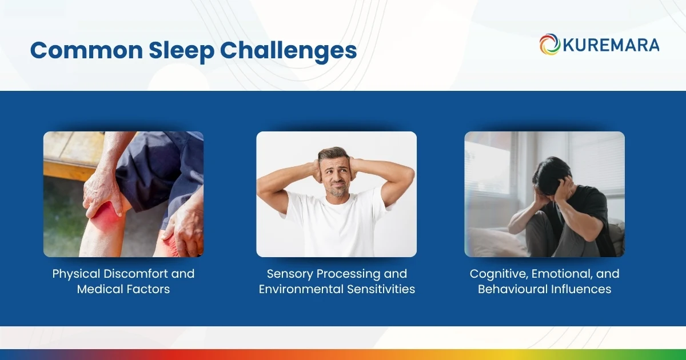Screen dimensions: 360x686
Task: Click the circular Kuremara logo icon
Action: [x=549, y=45]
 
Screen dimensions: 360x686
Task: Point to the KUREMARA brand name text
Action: [x=611, y=45]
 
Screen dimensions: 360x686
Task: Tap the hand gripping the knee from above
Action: [x=103, y=191]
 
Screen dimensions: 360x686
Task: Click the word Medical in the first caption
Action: [x=98, y=289]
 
